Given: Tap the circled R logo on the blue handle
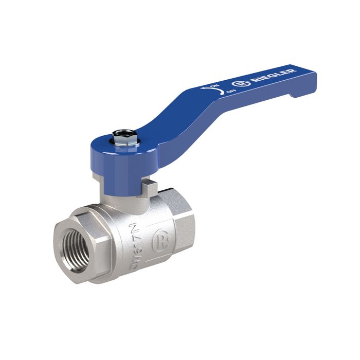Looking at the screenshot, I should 240,86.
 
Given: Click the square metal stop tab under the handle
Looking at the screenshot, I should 149,186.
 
